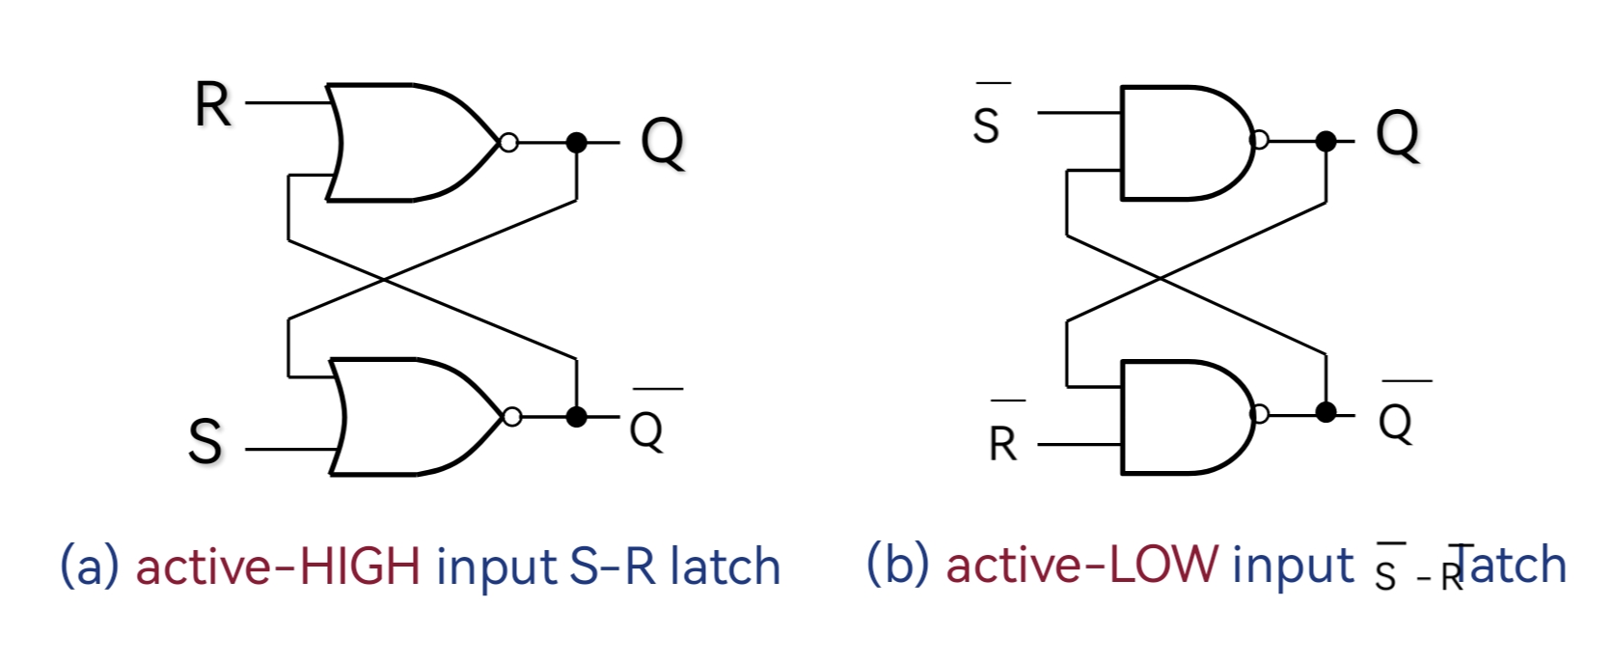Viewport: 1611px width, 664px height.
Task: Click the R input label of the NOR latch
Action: tap(213, 105)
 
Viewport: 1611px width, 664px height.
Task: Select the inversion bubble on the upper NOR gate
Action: tap(508, 143)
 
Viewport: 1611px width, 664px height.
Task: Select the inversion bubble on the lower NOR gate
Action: tap(512, 417)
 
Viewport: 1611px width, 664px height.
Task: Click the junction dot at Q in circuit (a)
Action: tap(576, 143)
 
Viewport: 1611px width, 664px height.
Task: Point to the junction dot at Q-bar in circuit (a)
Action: tap(576, 417)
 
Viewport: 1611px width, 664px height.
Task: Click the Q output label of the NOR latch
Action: tap(663, 142)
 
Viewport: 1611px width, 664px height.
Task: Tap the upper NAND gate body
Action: tap(1182, 142)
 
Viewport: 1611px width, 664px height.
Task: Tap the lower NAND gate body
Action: tap(1182, 417)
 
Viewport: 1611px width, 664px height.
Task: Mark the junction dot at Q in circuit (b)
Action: tap(1325, 142)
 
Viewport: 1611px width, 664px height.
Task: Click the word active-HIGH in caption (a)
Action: tap(278, 567)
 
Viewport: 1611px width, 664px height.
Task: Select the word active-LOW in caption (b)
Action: tap(1081, 565)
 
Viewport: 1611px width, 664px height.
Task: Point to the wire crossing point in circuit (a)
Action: tap(385, 280)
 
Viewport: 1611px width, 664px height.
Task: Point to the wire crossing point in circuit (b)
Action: tap(1160, 278)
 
